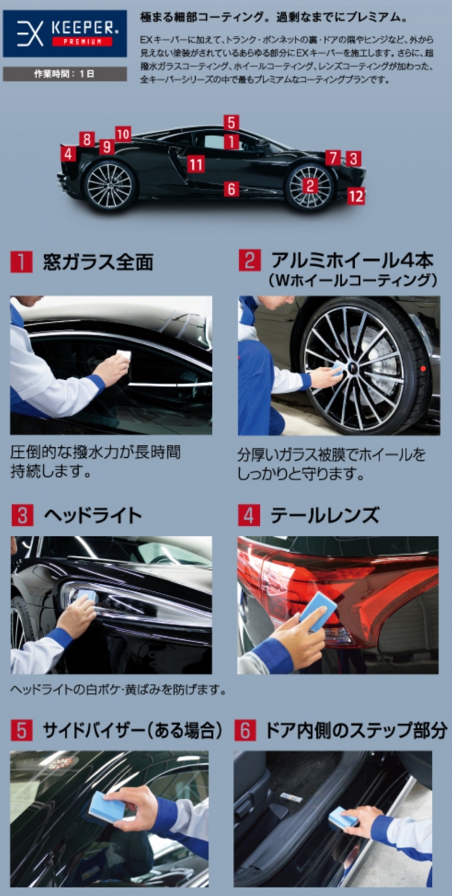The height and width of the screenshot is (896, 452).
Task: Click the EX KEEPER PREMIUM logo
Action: click(x=64, y=34)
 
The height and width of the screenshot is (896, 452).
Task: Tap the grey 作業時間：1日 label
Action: click(x=64, y=74)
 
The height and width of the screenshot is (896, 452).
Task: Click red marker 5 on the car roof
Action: click(x=232, y=122)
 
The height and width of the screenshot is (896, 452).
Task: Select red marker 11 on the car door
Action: click(x=196, y=164)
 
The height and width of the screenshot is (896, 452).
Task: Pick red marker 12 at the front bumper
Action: click(x=356, y=196)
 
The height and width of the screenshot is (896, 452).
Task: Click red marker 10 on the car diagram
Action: click(x=123, y=134)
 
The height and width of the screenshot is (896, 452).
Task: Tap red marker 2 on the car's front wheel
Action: click(x=309, y=187)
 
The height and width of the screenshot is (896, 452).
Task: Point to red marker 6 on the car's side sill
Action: click(x=232, y=190)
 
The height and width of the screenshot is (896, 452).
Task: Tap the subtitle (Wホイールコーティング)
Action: click(x=352, y=281)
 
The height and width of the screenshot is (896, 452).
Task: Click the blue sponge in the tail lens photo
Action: click(x=315, y=609)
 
